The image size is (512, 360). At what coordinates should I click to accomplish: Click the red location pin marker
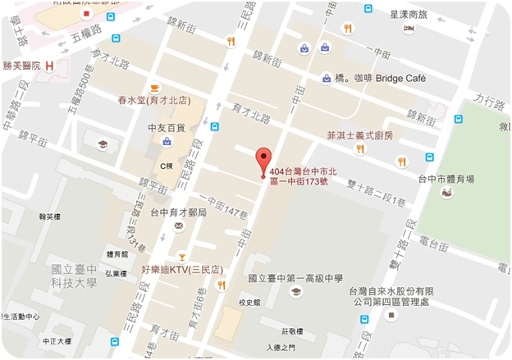263,159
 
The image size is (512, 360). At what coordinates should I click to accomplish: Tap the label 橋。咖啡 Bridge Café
377,79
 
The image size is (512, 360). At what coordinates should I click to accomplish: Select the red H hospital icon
51,66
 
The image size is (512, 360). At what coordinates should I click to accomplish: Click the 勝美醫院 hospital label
21,66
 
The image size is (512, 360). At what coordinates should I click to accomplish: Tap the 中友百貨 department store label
165,127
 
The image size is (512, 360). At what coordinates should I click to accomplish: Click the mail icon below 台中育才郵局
177,225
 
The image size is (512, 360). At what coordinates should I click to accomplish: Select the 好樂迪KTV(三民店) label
182,269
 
